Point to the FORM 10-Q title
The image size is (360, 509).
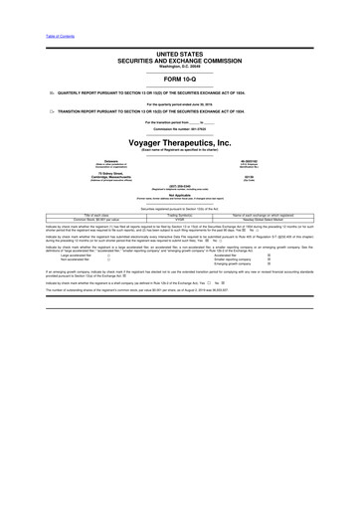tap(179, 78)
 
